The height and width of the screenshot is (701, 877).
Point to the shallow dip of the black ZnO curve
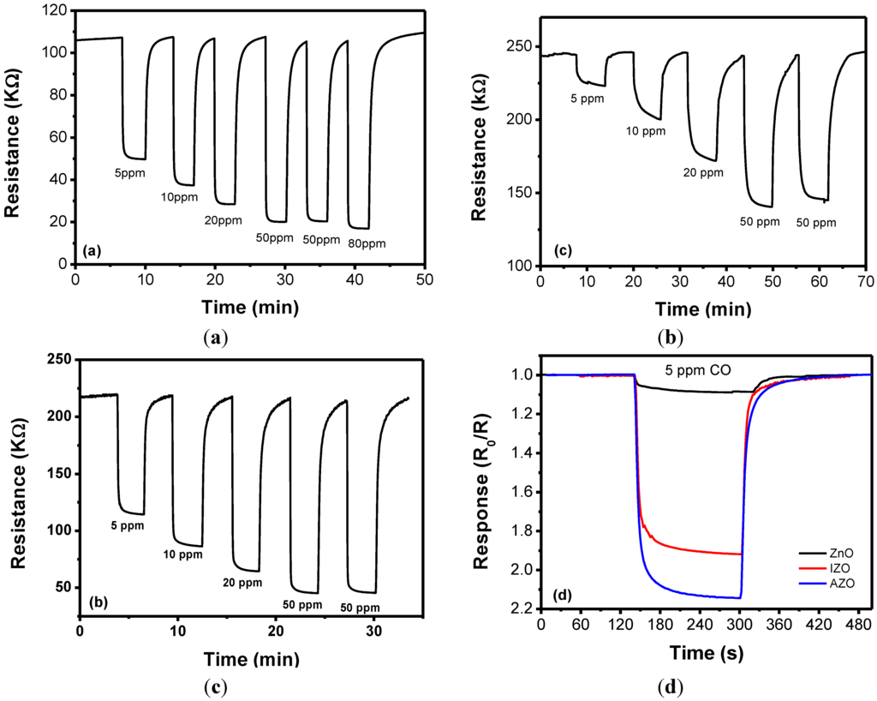click(702, 391)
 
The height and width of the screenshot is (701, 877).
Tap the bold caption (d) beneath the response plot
click(670, 686)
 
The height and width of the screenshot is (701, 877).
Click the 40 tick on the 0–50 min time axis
click(355, 280)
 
